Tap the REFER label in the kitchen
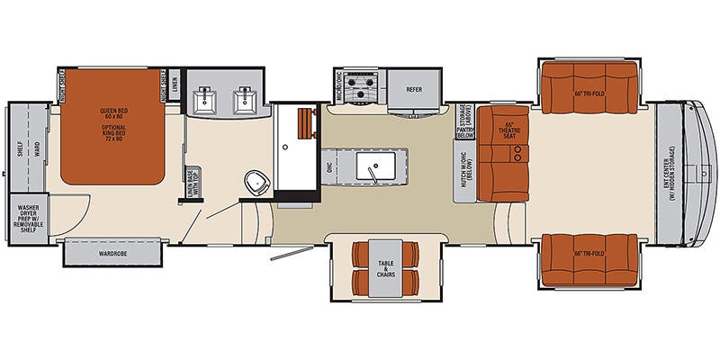coord(413,89)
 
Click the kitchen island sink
coord(371,166)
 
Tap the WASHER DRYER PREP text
coord(30,220)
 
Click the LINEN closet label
coord(174,85)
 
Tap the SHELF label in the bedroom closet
coord(20,148)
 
